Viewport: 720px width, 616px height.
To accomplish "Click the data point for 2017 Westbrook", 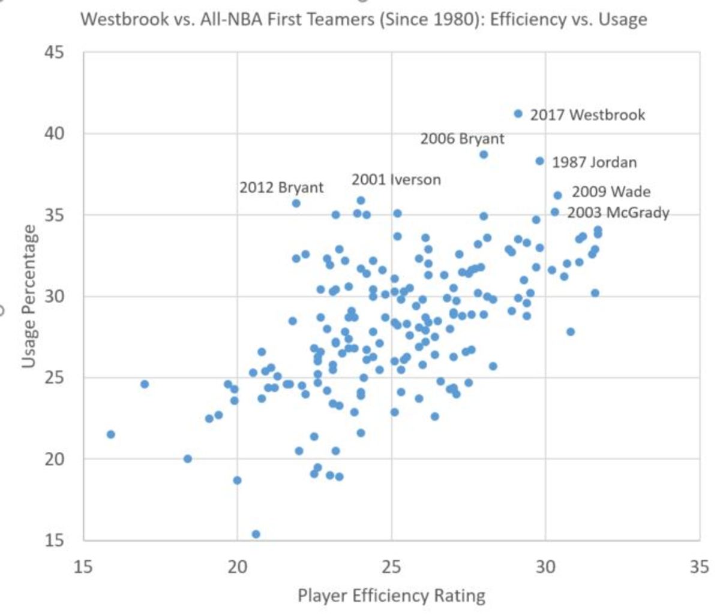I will pyautogui.click(x=518, y=114).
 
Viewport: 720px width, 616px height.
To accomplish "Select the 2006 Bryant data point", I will pyautogui.click(x=484, y=155).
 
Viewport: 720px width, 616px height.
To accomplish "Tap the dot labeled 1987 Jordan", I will pyautogui.click(x=539, y=161).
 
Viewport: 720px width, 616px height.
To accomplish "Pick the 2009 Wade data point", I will pyautogui.click(x=557, y=195).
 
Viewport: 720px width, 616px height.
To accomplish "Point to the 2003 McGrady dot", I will pyautogui.click(x=555, y=212).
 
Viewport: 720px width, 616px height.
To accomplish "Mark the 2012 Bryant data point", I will pyautogui.click(x=296, y=204).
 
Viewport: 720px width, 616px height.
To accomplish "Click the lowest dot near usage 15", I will pyautogui.click(x=256, y=534).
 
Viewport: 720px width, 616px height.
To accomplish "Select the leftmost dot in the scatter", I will pyautogui.click(x=110, y=434).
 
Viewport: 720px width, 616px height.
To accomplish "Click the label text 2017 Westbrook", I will pyautogui.click(x=587, y=114).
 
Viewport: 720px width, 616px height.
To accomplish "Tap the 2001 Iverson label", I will pyautogui.click(x=396, y=179).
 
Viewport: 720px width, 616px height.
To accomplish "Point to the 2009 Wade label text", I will pyautogui.click(x=611, y=192).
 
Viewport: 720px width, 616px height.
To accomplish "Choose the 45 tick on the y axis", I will pyautogui.click(x=53, y=53).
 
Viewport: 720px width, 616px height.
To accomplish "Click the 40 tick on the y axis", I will pyautogui.click(x=53, y=134).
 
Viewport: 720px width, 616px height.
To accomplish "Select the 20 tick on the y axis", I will pyautogui.click(x=53, y=459).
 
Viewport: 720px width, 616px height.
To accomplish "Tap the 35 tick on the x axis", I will pyautogui.click(x=699, y=566).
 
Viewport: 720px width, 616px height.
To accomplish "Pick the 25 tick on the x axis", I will pyautogui.click(x=391, y=566).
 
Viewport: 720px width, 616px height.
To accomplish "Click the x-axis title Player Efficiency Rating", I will pyautogui.click(x=391, y=596).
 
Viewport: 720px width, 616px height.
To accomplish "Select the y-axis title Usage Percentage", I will pyautogui.click(x=29, y=296).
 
